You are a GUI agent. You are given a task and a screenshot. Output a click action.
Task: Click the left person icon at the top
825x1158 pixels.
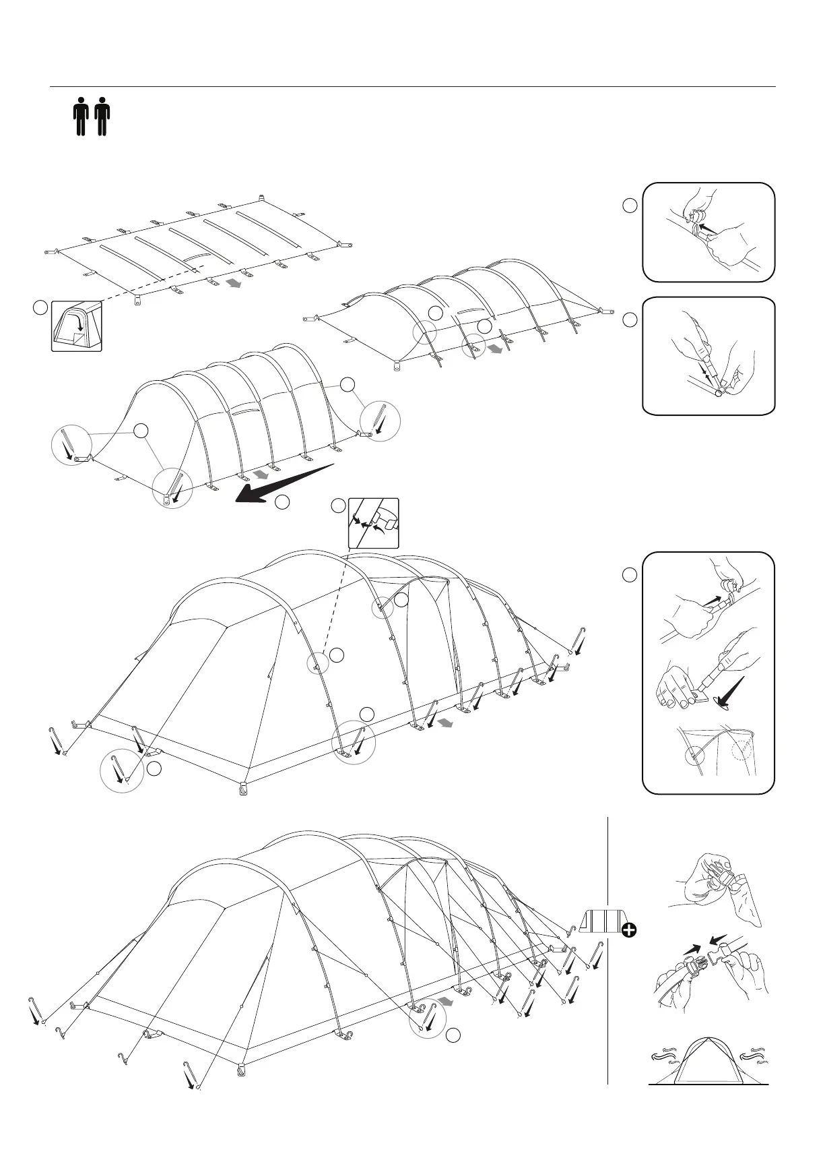point(81,117)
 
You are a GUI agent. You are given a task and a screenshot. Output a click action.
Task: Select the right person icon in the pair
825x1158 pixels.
point(102,117)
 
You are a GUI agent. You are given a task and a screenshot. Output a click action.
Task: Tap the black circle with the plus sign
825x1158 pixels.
point(629,931)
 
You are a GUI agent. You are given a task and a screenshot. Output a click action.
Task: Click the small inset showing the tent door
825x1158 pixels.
point(77,326)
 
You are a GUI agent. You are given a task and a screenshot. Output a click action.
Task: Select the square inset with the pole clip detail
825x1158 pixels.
point(373,522)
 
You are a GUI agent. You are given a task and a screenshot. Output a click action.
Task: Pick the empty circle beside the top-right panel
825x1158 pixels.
point(629,206)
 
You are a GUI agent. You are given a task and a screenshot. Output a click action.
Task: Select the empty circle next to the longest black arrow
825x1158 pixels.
point(282,501)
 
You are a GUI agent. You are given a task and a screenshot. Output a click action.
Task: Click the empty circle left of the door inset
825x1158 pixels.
point(40,308)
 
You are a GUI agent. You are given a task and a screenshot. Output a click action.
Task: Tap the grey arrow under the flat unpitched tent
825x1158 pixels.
point(234,284)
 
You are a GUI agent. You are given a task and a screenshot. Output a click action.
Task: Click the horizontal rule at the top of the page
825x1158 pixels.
point(412,87)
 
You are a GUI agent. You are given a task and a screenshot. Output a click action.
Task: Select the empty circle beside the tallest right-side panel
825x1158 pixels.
point(629,575)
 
